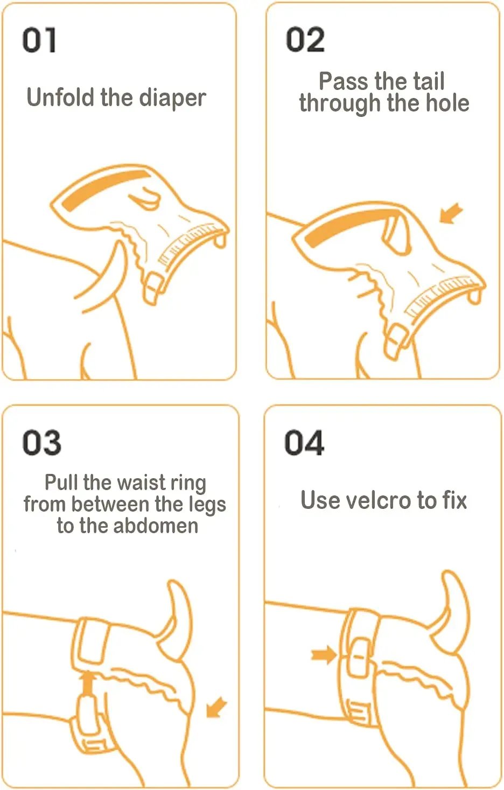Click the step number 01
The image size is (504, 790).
[x=39, y=40]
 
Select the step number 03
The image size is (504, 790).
[x=41, y=442]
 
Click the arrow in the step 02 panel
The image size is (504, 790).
[x=451, y=213]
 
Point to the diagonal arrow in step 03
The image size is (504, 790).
[x=216, y=707]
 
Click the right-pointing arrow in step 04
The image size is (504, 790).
[x=324, y=654]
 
